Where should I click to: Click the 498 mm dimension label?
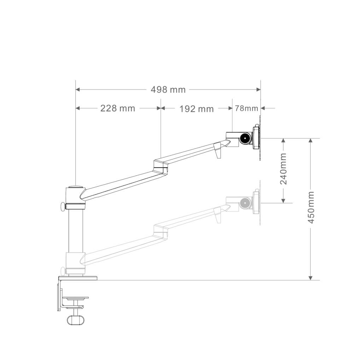[x=168, y=89]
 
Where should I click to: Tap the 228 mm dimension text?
[x=118, y=108]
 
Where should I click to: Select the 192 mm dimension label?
[x=197, y=109]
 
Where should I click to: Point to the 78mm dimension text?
[x=246, y=108]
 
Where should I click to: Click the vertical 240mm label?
[x=283, y=169]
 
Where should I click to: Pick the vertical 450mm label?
[x=311, y=207]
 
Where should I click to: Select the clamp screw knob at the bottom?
[x=76, y=320]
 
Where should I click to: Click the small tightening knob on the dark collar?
[x=63, y=206]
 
